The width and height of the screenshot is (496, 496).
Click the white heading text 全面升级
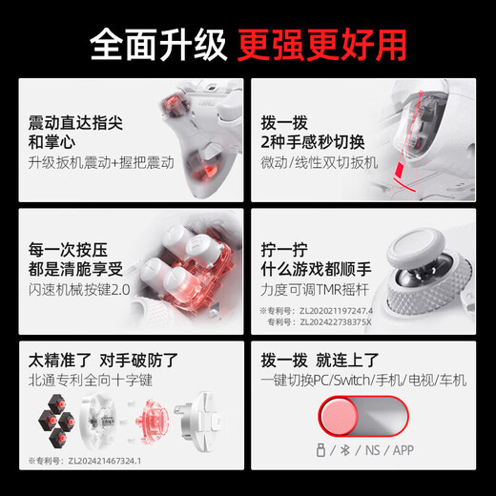[158, 43]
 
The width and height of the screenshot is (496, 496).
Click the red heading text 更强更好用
[324, 43]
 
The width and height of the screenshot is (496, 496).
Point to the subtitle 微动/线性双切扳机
[319, 163]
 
